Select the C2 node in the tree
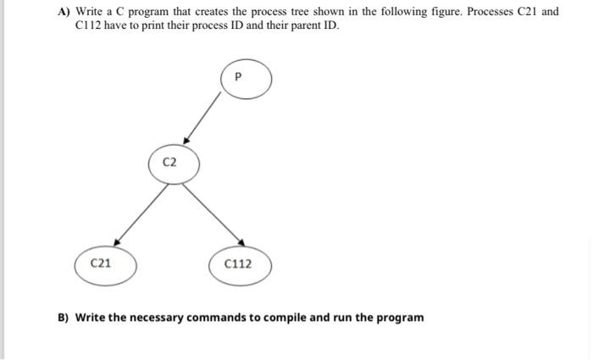tap(175, 163)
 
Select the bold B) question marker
tap(64, 318)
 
